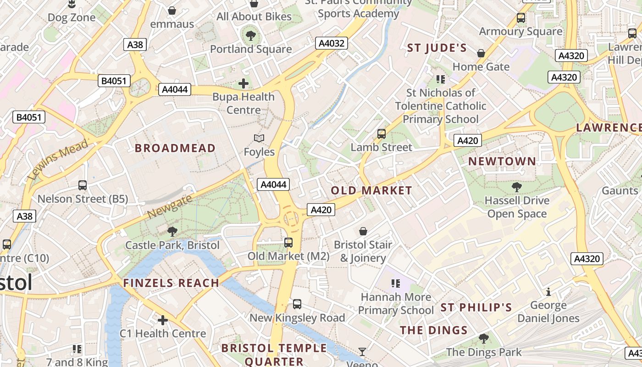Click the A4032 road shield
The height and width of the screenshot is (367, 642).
(332, 44)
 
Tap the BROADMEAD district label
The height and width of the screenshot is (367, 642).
(175, 148)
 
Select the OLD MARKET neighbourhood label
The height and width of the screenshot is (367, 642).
(371, 190)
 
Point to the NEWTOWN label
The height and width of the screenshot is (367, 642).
(502, 161)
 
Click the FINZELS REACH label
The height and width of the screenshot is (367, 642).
(171, 283)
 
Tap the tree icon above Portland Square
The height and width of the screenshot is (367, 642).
(250, 35)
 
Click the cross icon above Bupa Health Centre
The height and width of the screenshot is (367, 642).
(244, 83)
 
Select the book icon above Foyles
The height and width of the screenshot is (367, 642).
(259, 138)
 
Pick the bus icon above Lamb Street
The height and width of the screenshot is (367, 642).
(382, 134)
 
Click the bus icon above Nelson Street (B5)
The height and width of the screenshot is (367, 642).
(83, 185)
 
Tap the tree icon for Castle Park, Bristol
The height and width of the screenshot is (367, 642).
(172, 232)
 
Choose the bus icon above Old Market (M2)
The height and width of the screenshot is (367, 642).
(288, 242)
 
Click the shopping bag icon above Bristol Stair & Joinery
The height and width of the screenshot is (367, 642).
(363, 231)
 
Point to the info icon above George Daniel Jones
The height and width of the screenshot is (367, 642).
(548, 292)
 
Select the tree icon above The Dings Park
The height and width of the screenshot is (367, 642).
(483, 339)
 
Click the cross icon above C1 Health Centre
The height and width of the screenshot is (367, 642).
(162, 320)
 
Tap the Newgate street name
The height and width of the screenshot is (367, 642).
(170, 206)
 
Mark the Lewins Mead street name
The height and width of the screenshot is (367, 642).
(57, 160)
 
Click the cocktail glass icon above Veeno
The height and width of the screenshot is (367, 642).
(362, 352)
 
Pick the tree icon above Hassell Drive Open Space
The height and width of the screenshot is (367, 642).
(517, 187)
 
